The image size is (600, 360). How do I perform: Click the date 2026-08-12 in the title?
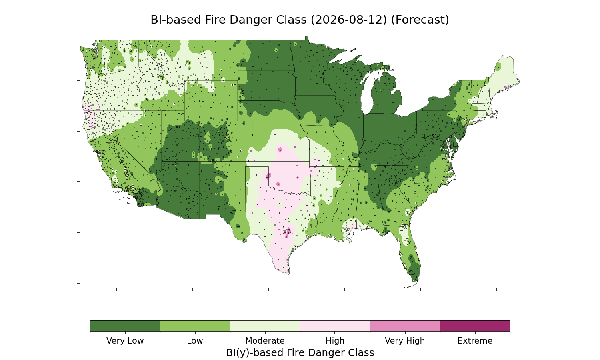click(349, 20)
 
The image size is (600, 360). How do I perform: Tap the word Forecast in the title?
click(420, 20)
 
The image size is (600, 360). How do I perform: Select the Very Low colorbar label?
click(125, 341)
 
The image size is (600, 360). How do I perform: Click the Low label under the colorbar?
click(195, 341)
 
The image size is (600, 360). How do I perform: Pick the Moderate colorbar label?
click(265, 341)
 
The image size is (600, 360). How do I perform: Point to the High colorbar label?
click(335, 341)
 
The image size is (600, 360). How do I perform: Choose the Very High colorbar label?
click(405, 341)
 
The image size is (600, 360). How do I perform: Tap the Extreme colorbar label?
click(475, 341)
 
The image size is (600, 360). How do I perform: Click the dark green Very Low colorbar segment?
click(125, 326)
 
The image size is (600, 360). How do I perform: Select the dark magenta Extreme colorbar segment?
click(475, 326)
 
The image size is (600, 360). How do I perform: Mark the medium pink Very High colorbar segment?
click(405, 326)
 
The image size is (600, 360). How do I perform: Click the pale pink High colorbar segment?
click(335, 326)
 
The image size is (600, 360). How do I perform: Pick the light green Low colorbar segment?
click(195, 326)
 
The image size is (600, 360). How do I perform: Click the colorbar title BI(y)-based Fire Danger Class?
click(300, 353)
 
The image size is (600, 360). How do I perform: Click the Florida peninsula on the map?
click(410, 254)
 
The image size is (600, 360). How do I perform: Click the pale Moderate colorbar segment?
click(265, 326)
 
